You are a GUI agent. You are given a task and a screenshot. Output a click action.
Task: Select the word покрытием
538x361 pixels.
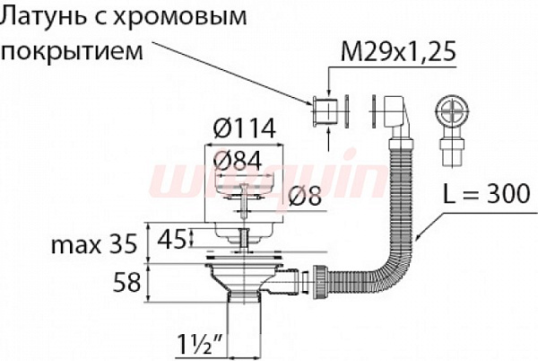point(73,50)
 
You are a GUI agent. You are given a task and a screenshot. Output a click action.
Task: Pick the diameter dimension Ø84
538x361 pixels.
point(244,160)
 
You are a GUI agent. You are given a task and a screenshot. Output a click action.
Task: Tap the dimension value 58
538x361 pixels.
point(125,283)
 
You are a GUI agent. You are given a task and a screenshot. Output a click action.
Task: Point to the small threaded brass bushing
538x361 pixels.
point(320,112)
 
